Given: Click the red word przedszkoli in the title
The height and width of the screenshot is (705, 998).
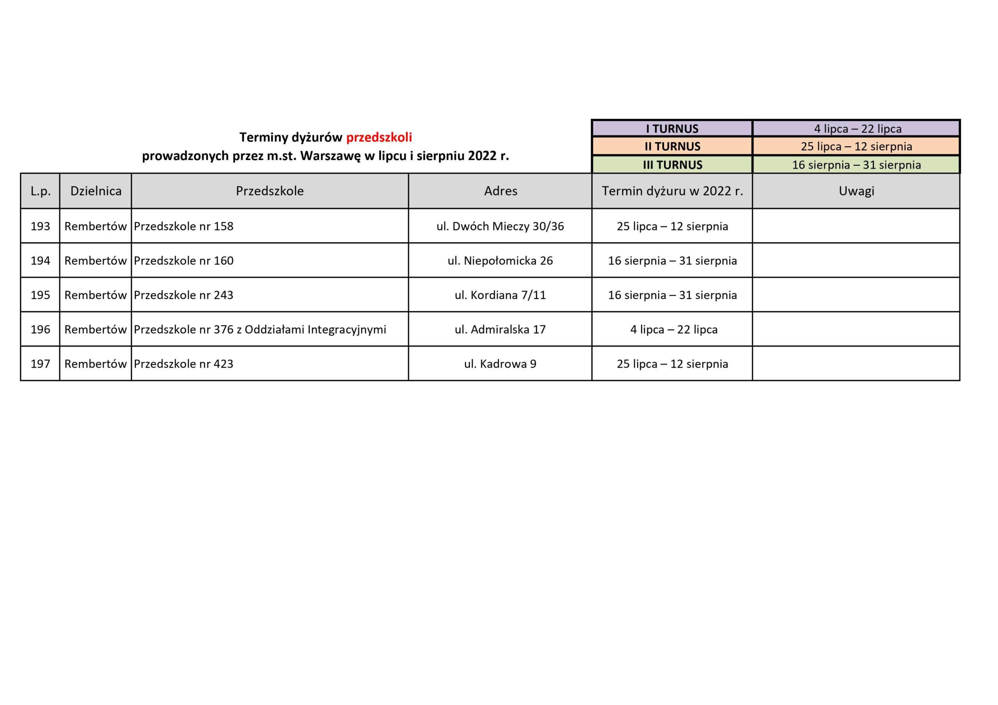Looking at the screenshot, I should click(379, 137).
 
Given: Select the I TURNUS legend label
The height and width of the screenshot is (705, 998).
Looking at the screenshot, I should click(672, 129).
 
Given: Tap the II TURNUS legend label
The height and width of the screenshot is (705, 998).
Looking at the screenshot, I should click(672, 146).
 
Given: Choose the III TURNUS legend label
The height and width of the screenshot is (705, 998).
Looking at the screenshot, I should click(672, 165).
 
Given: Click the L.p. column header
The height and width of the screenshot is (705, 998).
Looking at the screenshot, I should click(41, 191).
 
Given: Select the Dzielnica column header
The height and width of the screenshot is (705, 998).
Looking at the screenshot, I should click(96, 191).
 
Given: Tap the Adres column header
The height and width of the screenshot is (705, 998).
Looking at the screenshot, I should click(500, 191).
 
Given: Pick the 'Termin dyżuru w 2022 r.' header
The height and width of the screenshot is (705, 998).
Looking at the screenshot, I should click(672, 191).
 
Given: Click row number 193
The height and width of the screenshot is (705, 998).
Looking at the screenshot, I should click(41, 226).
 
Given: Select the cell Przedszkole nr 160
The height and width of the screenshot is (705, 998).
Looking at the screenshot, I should click(184, 261).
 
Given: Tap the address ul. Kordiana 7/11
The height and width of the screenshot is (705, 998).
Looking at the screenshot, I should click(500, 295).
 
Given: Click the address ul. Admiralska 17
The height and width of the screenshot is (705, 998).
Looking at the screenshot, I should click(500, 329).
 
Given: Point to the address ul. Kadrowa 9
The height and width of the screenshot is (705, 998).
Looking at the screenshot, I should click(500, 364).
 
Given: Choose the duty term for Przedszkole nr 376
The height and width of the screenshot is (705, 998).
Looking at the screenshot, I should click(673, 329).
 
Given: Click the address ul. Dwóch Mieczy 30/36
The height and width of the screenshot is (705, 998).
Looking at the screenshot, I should click(500, 226).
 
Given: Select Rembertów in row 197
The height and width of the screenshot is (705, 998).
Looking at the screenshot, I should click(95, 364).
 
